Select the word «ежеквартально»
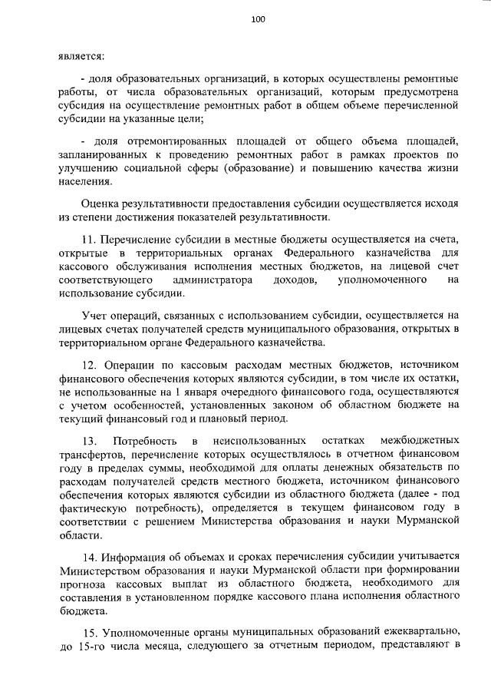pos(411,631)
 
